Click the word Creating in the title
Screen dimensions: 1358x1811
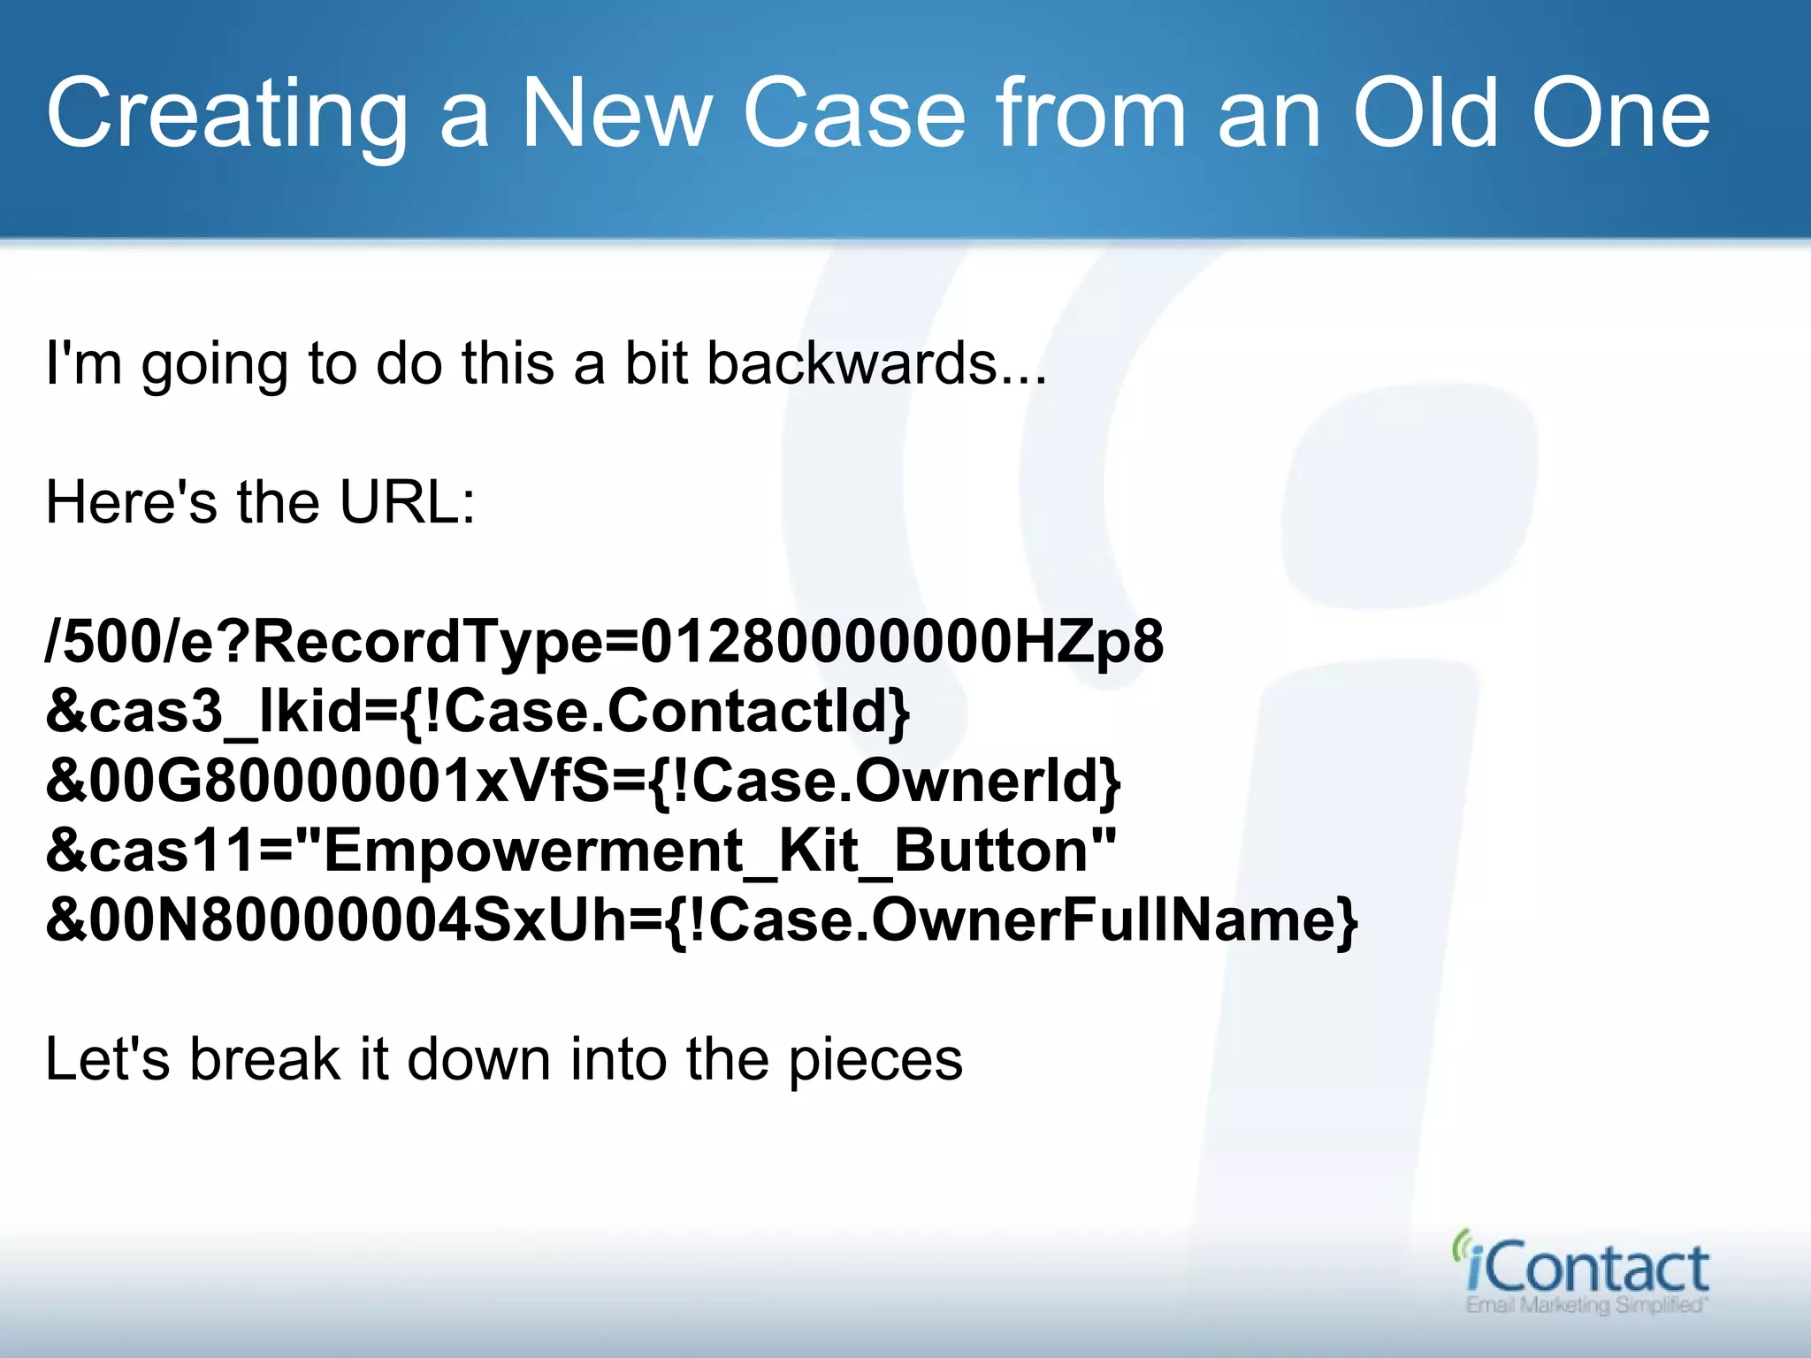point(226,115)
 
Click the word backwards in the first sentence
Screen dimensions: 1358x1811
point(852,363)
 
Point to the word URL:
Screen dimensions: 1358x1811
point(408,502)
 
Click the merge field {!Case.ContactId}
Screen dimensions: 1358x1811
point(654,711)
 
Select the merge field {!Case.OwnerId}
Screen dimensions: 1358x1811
point(884,781)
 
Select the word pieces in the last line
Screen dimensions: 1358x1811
point(875,1059)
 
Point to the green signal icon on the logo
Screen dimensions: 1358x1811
point(1460,1245)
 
